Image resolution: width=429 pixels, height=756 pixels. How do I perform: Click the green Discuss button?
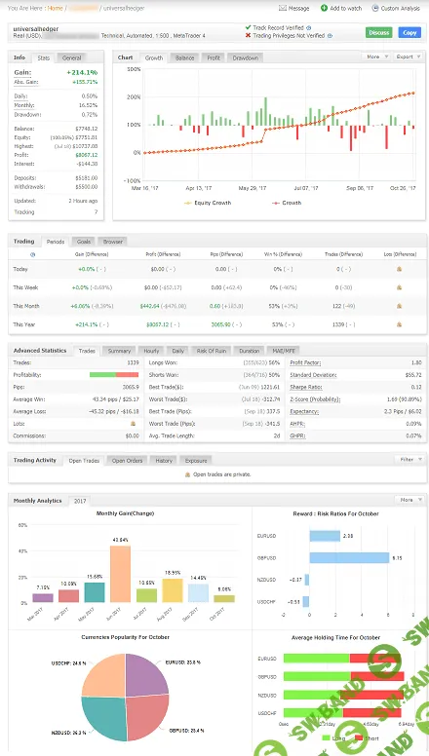pyautogui.click(x=378, y=32)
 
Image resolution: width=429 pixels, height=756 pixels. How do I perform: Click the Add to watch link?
pyautogui.click(x=345, y=8)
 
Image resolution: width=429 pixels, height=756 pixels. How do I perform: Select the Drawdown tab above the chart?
pyautogui.click(x=245, y=57)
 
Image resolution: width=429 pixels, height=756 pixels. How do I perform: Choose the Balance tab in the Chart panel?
pyautogui.click(x=184, y=57)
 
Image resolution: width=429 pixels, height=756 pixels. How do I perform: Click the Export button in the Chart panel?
pyautogui.click(x=405, y=57)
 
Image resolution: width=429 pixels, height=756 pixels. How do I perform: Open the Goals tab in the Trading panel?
pyautogui.click(x=84, y=241)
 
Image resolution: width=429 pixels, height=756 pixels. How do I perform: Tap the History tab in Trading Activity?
pyautogui.click(x=164, y=460)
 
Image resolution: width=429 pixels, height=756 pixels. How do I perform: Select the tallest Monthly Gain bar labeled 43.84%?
pyautogui.click(x=120, y=575)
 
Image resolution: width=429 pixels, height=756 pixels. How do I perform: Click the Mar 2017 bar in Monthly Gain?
pyautogui.click(x=42, y=597)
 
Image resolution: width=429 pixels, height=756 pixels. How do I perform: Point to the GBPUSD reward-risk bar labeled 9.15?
pyautogui.click(x=348, y=558)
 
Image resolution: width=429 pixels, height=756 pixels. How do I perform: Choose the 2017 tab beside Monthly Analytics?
pyautogui.click(x=80, y=501)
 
